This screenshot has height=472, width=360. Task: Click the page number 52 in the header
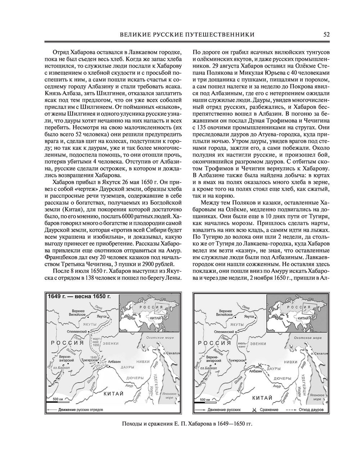pyautogui.click(x=327, y=35)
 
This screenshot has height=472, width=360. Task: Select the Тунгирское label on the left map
pyautogui.click(x=90, y=360)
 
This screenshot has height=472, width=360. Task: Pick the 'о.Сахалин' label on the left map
pyautogui.click(x=171, y=354)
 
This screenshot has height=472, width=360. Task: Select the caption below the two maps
pyautogui.click(x=187, y=423)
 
